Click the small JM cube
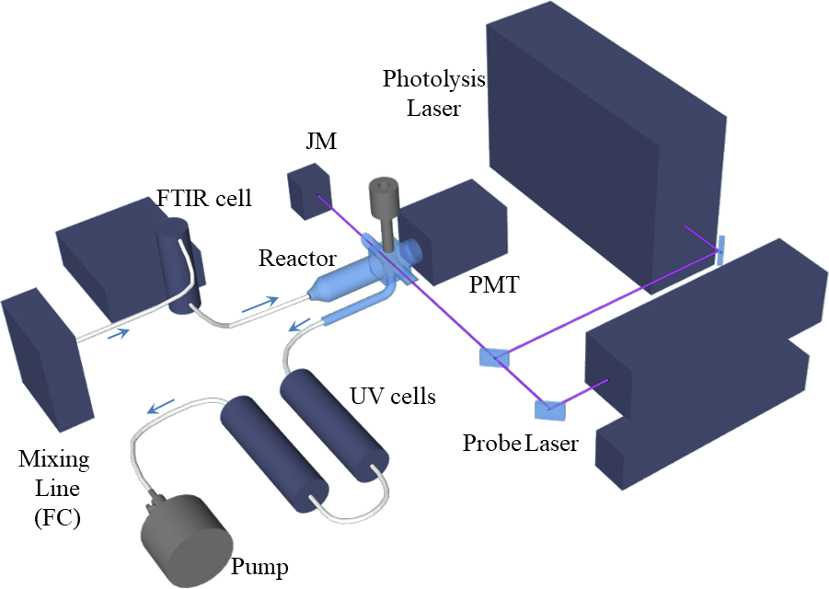(x=307, y=191)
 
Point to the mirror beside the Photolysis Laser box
(x=720, y=249)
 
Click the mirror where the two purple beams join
(x=493, y=357)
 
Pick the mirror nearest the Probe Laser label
(x=549, y=407)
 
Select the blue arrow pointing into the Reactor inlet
(x=263, y=301)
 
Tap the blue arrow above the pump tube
(x=162, y=406)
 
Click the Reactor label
(x=297, y=258)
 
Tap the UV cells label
(x=393, y=397)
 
